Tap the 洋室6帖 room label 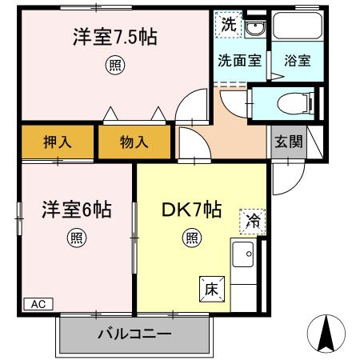[x=76, y=211]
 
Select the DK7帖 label [x=192, y=211]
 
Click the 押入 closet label [x=57, y=143]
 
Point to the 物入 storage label [x=134, y=143]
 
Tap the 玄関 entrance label [x=288, y=142]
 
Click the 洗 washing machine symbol [x=228, y=25]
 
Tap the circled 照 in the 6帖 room [x=76, y=238]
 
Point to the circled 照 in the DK [x=192, y=238]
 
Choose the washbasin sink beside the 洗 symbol [x=254, y=30]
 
